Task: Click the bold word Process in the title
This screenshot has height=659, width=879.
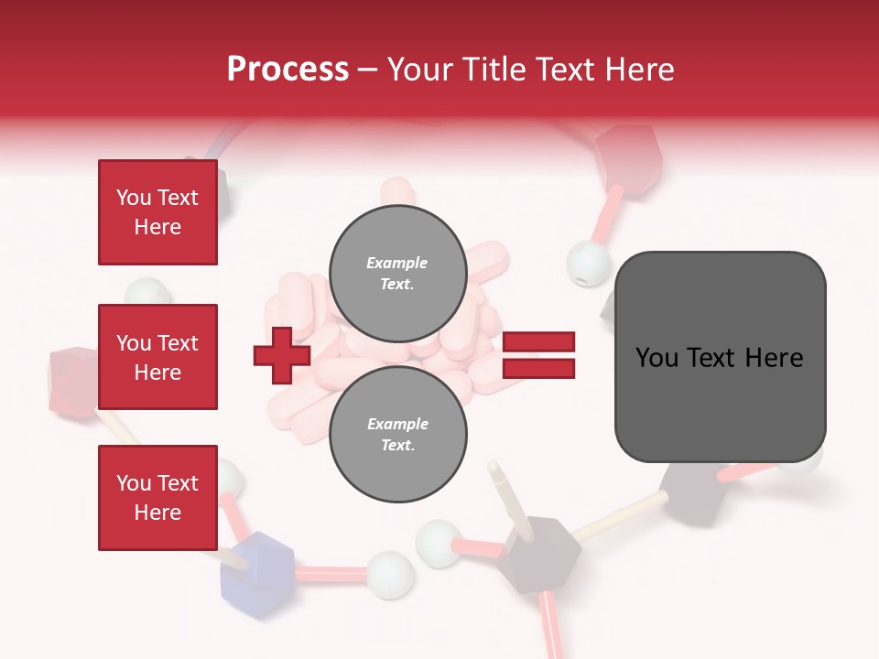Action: [288, 70]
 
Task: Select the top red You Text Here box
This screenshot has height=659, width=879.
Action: [157, 212]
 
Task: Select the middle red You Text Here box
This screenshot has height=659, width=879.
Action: [157, 357]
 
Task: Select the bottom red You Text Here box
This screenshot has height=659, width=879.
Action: [157, 497]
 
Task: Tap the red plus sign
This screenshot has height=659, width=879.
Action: [282, 355]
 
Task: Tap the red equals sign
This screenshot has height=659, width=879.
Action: [539, 355]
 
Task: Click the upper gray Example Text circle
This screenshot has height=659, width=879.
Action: [397, 274]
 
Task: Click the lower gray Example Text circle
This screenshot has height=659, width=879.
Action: [397, 435]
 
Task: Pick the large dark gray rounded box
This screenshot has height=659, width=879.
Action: [720, 357]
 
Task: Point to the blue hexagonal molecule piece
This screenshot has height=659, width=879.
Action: [257, 565]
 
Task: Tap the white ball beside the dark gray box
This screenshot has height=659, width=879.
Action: [586, 264]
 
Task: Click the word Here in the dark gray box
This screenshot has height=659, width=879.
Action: [774, 357]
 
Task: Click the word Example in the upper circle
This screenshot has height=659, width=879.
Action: [397, 263]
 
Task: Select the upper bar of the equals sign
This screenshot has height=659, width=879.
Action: [539, 342]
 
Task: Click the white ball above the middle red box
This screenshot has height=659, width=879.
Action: [147, 292]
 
